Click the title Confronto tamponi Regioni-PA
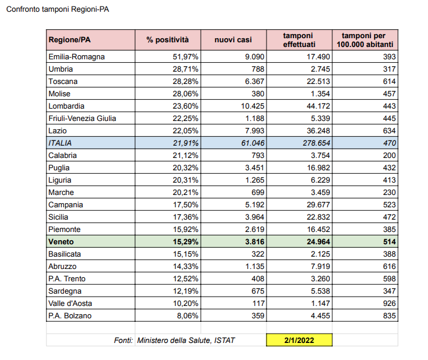58,11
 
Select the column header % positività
168,40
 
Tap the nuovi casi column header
233,40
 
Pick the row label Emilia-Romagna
77,57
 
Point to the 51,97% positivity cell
184,57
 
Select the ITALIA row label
62,143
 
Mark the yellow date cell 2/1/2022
299,340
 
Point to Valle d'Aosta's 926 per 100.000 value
390,303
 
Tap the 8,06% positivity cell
187,316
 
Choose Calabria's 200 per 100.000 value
390,156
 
